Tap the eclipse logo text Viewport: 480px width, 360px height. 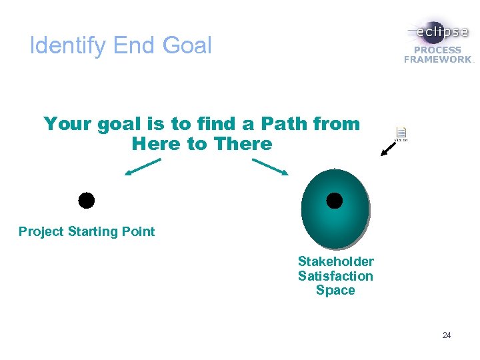click(441, 32)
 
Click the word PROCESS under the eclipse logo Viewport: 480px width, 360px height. click(437, 50)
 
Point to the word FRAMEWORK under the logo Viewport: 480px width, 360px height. click(437, 59)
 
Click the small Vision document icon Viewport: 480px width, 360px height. click(401, 133)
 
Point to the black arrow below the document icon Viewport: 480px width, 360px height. click(387, 149)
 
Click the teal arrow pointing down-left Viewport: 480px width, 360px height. click(143, 167)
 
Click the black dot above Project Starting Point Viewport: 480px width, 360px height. click(87, 200)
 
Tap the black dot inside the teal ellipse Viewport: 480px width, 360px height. click(335, 200)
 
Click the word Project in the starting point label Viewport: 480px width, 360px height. click(41, 232)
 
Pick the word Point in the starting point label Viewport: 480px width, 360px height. click(139, 232)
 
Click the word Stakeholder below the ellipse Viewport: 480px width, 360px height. click(335, 261)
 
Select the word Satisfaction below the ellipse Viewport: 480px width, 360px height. click(335, 276)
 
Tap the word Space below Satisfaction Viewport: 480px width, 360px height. click(335, 291)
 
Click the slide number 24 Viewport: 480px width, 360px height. click(446, 335)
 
